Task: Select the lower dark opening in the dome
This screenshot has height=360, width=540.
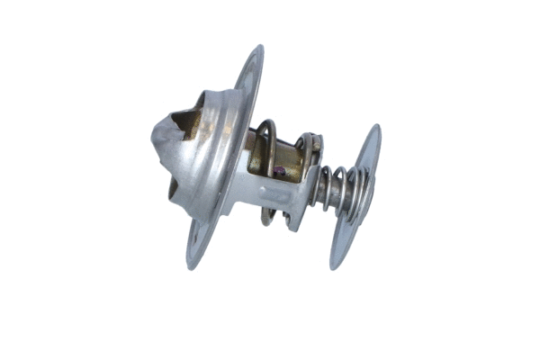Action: (x=172, y=189)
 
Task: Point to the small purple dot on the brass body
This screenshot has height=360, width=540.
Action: (x=281, y=172)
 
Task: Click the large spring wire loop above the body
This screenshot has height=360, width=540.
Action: (x=263, y=126)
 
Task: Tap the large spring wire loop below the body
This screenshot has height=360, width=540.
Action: (x=268, y=216)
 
